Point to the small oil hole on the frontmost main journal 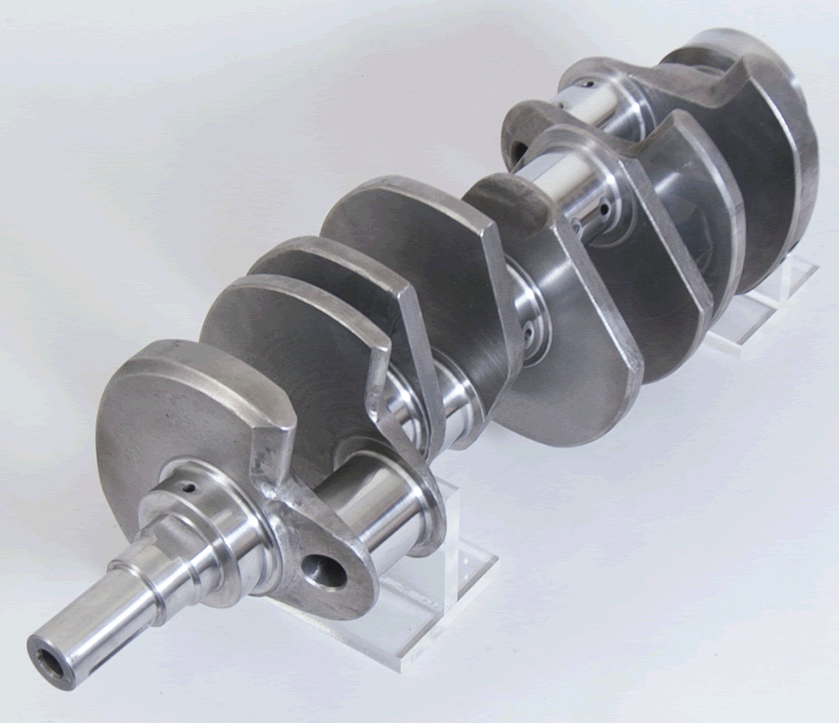190,485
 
